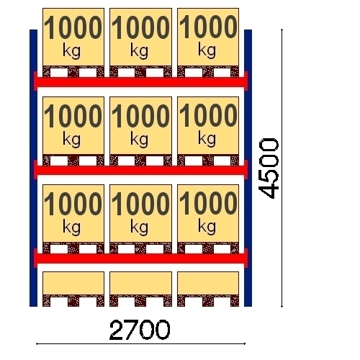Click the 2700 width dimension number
click(140, 330)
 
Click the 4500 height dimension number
click(269, 168)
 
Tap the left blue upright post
click(33, 168)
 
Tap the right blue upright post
click(248, 168)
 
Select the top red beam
click(140, 82)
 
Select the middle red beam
click(140, 170)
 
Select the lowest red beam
click(140, 258)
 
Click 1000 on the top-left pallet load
click(73, 27)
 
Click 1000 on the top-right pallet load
click(208, 27)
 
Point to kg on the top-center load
click(140, 51)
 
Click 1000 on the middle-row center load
click(140, 116)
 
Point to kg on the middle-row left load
click(71, 140)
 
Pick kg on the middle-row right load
click(207, 140)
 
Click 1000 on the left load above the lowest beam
click(73, 204)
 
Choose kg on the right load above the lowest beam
click(207, 228)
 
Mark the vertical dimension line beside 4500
click(282, 168)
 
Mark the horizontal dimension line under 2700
click(140, 343)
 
